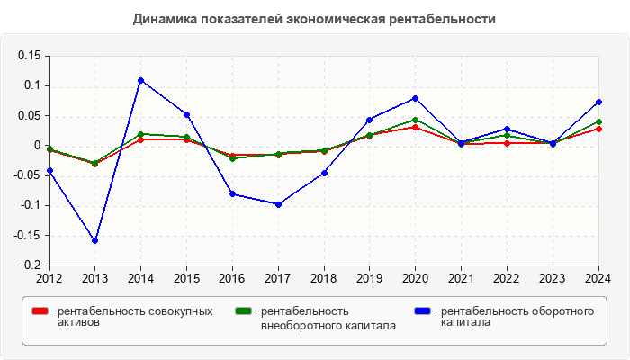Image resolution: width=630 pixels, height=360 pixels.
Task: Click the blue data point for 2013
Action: pos(94,240)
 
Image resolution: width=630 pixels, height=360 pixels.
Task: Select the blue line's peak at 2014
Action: pos(140,80)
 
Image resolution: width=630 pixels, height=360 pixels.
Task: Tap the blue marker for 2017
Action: pos(278,204)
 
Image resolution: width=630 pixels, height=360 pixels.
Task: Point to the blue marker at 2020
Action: pos(416,98)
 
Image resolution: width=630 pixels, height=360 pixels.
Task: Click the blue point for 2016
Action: pos(232,193)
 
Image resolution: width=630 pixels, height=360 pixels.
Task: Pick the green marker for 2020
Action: pos(416,120)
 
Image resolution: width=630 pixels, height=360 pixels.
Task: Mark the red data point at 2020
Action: pos(416,127)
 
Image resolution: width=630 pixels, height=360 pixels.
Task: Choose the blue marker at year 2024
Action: pos(598,102)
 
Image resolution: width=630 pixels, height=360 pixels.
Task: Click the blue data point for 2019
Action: pos(370,120)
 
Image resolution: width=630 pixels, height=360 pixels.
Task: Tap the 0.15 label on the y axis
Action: pos(30,56)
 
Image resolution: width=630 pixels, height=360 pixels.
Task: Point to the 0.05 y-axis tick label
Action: pos(30,115)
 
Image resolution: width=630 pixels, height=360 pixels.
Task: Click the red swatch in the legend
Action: pos(40,311)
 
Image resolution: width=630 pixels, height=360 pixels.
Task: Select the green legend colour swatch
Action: pos(243,311)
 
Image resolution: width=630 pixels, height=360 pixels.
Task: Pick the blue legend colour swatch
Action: pos(422,311)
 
